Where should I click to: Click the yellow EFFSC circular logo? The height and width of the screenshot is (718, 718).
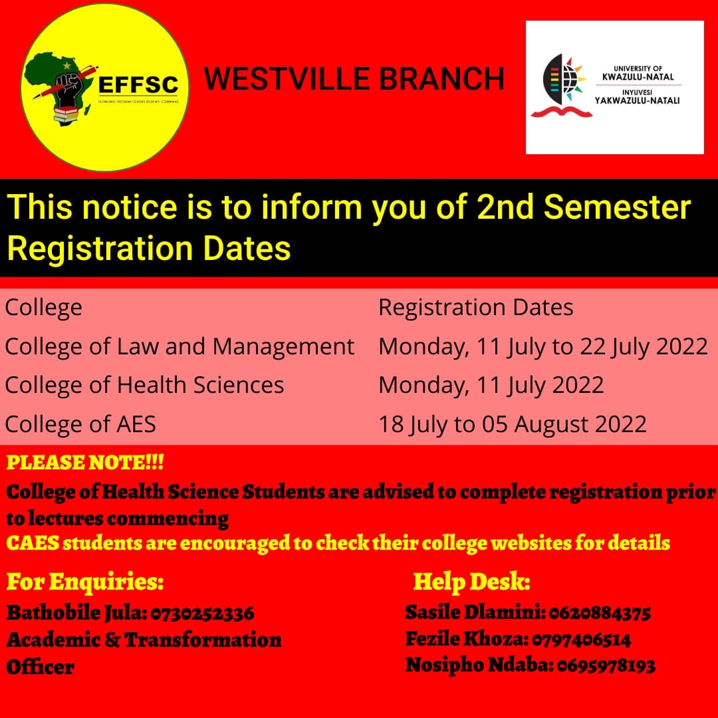tap(105, 86)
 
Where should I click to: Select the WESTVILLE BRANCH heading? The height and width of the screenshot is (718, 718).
tap(354, 78)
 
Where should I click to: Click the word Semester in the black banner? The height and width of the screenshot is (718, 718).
tap(618, 208)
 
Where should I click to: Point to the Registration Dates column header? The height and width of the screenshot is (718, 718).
tap(475, 308)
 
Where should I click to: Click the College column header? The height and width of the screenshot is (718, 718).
tap(44, 308)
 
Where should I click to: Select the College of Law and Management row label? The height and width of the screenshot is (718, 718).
tap(179, 346)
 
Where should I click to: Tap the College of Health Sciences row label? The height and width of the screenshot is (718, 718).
tap(144, 385)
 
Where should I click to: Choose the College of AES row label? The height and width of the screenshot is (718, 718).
tap(80, 423)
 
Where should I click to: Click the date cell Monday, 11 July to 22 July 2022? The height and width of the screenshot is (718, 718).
tap(542, 346)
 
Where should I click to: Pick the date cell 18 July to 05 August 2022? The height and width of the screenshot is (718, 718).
tap(512, 423)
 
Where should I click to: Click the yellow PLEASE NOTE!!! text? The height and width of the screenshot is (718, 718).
tap(85, 462)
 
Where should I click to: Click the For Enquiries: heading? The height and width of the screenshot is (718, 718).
tap(85, 582)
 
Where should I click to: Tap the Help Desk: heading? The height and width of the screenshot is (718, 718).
tap(471, 582)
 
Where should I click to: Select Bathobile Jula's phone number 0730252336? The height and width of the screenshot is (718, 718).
tap(203, 612)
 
